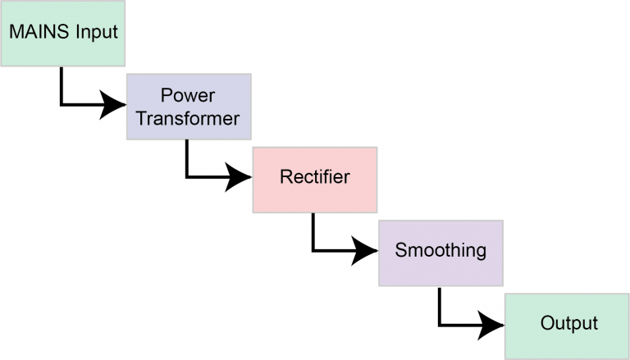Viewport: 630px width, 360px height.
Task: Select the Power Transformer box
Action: coord(188,106)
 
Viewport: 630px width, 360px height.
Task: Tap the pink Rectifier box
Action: coord(314,179)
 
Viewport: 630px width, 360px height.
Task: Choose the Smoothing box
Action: coord(441,252)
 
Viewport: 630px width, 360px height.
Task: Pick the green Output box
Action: coord(567,324)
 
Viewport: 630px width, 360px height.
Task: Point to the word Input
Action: coord(97,34)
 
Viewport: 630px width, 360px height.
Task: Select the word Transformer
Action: coord(188,118)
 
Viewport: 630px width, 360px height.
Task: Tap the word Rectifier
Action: coord(314,177)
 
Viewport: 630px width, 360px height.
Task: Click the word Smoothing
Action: coord(441,250)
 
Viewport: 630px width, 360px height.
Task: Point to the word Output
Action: coord(568,323)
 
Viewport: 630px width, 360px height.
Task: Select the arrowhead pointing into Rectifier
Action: coord(240,176)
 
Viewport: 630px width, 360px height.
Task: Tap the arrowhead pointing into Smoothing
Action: coord(365,249)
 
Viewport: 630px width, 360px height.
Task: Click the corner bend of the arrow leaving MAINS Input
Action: coord(62,104)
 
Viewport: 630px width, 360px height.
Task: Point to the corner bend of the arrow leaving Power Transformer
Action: coord(188,176)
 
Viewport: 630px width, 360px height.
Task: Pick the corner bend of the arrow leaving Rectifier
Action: coord(314,249)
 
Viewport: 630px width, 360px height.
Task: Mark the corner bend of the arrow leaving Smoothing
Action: coord(441,322)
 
